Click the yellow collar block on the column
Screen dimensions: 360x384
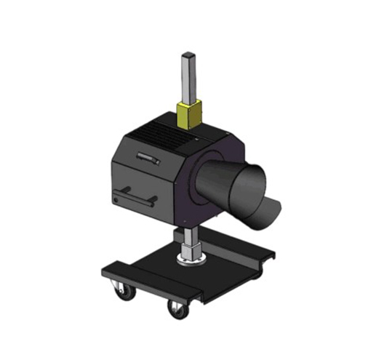188,114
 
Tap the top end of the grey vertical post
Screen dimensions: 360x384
189,55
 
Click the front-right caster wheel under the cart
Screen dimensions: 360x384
175,310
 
